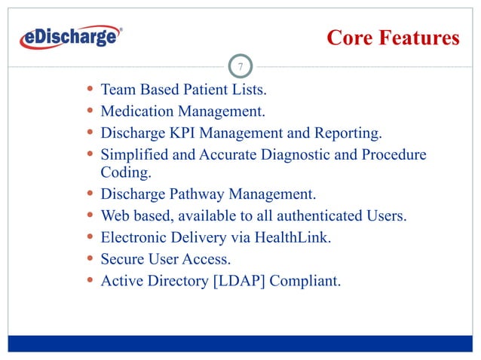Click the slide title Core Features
(x=392, y=38)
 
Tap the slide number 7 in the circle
(x=240, y=69)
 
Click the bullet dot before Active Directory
(x=90, y=282)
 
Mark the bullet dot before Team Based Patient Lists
(x=90, y=90)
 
